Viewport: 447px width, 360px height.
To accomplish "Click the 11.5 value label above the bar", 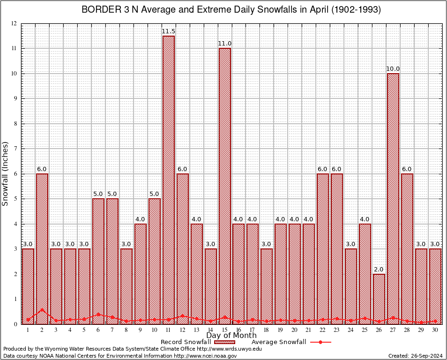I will (x=169, y=31).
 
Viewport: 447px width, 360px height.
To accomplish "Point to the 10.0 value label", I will (x=393, y=69).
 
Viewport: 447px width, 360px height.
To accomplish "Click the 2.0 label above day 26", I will (x=379, y=269).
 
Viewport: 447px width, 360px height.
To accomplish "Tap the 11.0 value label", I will (x=225, y=44).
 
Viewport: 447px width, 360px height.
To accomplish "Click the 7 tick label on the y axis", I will (x=15, y=149).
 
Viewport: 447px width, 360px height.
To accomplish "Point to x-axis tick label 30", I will (x=435, y=330).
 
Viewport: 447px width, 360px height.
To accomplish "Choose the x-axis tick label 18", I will (x=267, y=330).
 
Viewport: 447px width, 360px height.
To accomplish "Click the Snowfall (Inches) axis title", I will (x=6, y=173).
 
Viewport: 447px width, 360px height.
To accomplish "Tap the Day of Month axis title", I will (x=231, y=336).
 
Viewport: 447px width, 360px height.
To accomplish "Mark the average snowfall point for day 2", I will (x=42, y=309).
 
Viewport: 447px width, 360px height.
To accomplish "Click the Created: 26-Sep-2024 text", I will (x=416, y=356).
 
